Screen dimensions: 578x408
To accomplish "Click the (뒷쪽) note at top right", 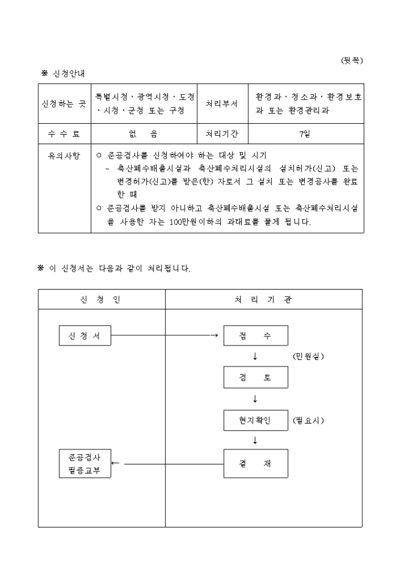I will (352, 61).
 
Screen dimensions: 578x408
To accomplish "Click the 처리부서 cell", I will (221, 103).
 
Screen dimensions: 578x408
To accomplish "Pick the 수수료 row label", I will (64, 134).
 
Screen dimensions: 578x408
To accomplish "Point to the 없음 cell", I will (144, 134).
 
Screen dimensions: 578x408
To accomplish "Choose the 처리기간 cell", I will (221, 134).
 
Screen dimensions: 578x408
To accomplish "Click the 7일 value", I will (304, 134).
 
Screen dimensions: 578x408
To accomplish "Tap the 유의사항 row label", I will (64, 156).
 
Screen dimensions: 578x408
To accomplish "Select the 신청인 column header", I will (101, 299).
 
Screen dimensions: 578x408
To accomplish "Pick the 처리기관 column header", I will (263, 299).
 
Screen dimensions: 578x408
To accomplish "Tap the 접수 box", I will (256, 336).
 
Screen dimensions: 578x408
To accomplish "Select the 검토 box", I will (256, 377).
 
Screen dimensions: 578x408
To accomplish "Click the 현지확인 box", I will (256, 420).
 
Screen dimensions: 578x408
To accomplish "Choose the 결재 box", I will (256, 463).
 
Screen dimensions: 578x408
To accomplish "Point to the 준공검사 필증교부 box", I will (85, 464).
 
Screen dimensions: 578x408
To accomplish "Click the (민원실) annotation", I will (308, 356).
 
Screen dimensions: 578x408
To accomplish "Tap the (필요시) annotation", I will (308, 420).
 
